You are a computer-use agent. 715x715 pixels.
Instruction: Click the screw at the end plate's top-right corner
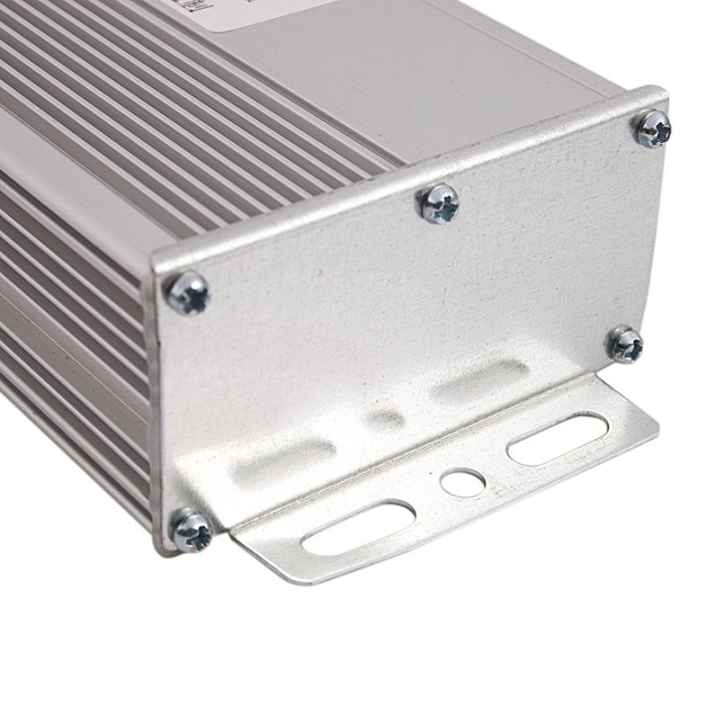[x=653, y=129]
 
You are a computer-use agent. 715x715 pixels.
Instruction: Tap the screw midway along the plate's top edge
[x=438, y=204]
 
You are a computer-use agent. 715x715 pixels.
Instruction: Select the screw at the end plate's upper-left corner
[x=189, y=293]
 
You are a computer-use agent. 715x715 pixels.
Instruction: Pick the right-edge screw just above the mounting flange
[x=626, y=345]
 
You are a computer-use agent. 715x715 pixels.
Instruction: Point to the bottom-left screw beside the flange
[x=191, y=529]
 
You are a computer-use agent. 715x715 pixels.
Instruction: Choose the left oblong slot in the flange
[x=358, y=526]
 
